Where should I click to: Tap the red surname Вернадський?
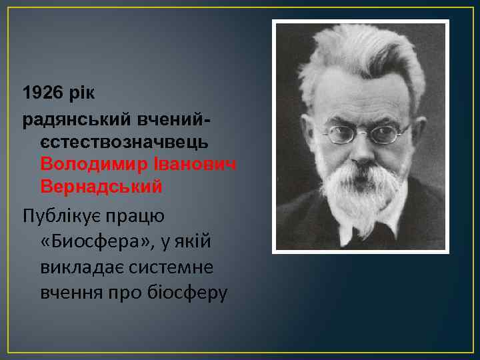(x=101, y=187)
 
